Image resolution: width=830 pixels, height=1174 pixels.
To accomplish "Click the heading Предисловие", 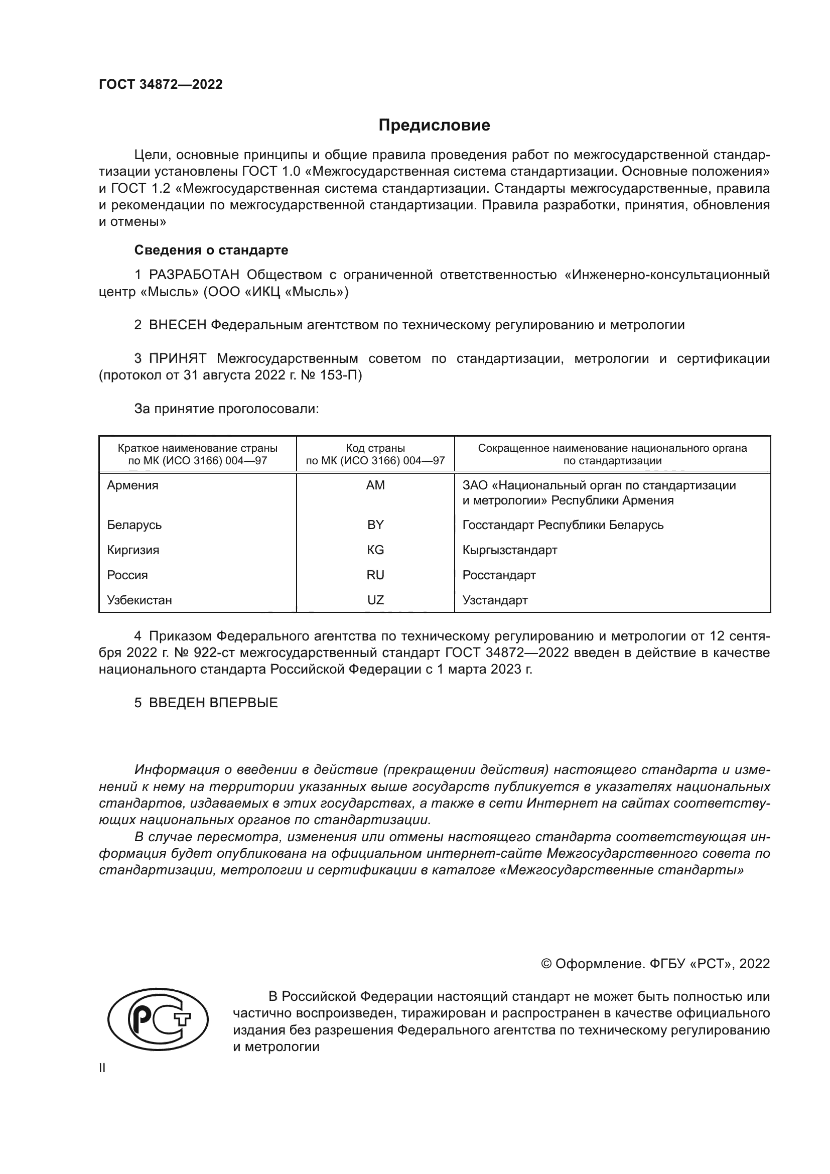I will (434, 125).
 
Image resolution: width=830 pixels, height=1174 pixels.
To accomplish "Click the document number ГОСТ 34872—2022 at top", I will (161, 85).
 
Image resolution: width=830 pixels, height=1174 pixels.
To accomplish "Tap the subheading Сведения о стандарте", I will (211, 250).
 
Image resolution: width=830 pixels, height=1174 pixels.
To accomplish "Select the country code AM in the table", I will (375, 485).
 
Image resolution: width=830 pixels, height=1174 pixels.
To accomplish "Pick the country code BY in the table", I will (375, 525).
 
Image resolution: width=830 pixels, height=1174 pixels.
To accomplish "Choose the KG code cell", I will (375, 550).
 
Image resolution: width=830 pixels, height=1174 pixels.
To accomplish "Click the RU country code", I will (375, 575).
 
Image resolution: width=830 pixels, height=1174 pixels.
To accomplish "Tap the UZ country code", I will (375, 600).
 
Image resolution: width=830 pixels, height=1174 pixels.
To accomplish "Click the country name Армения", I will (132, 485).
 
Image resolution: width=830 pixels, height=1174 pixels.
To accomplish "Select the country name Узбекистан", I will (139, 600).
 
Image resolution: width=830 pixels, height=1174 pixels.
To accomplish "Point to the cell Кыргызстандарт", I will (509, 550).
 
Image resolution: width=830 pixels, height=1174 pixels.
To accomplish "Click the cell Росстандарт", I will (499, 575).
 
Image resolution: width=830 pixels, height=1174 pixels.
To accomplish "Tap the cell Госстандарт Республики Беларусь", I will (563, 525).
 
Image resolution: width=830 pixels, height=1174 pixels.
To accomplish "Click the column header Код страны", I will (375, 448).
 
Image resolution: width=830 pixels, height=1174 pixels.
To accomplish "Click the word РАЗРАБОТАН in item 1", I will (194, 275).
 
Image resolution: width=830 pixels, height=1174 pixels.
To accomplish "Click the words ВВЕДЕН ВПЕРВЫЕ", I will (213, 703).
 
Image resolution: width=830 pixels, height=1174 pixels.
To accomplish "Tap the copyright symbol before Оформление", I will (546, 964).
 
